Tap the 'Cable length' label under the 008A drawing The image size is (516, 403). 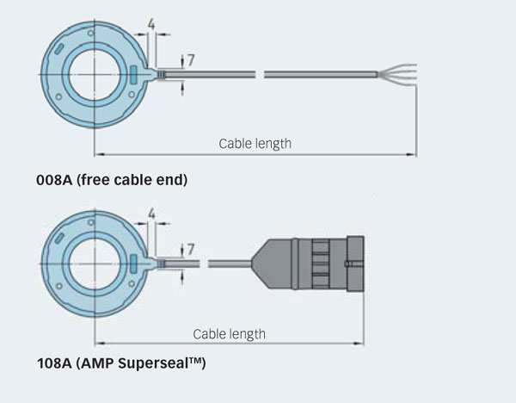tap(255, 143)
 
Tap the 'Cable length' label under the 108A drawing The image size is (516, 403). tap(229, 333)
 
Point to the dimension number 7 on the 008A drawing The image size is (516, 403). tap(191, 60)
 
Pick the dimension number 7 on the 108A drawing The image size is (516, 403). tap(191, 249)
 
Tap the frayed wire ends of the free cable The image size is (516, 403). tap(399, 75)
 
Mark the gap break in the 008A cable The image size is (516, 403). tap(260, 75)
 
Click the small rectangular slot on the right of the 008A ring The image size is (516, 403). tap(134, 75)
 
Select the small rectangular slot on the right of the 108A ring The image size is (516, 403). tap(134, 260)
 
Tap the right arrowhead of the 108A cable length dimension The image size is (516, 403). tap(361, 344)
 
